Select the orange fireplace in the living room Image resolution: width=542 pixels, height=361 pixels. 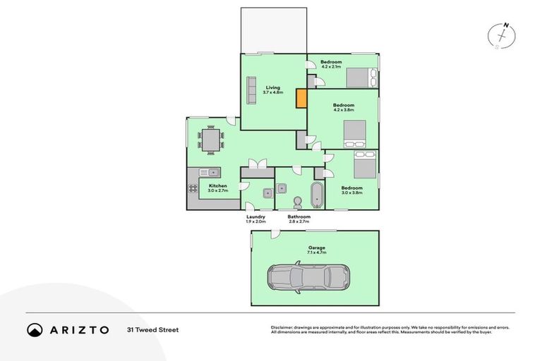(x=301, y=98)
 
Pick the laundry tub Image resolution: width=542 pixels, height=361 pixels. (x=268, y=192)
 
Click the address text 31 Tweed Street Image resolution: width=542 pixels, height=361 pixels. (x=152, y=329)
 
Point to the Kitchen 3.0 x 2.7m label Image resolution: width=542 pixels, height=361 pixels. (x=217, y=188)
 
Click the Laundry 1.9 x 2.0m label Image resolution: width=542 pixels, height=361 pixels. (x=255, y=219)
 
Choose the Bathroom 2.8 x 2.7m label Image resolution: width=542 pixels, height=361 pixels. (x=299, y=219)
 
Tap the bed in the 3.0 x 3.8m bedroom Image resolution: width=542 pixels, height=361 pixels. (x=364, y=166)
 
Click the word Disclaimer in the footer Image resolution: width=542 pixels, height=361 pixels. (x=282, y=327)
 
